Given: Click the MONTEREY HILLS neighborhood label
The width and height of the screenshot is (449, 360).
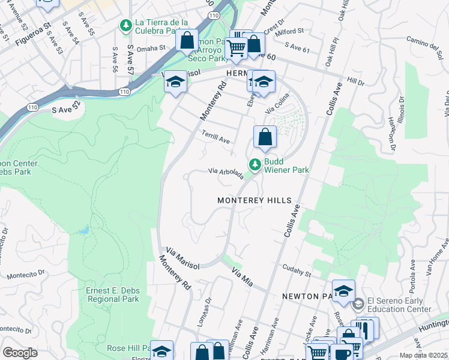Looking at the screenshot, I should [x=254, y=200].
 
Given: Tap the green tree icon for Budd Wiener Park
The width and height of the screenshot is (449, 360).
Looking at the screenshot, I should [x=255, y=164].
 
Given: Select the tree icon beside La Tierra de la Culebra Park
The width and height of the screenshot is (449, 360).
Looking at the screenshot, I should [x=126, y=25].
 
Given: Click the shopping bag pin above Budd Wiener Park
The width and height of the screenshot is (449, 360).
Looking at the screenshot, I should [x=265, y=137].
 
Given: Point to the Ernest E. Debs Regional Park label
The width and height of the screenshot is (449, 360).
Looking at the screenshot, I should [x=113, y=295].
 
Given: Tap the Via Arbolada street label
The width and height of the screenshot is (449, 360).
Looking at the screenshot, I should [x=226, y=173].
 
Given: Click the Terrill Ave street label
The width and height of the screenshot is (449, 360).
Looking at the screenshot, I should [x=216, y=139].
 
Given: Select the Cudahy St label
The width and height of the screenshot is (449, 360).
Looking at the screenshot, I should [x=297, y=272].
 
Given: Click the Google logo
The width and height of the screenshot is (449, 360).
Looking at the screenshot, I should [x=20, y=352].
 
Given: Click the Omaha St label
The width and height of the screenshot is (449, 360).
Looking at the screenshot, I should [x=151, y=48].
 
